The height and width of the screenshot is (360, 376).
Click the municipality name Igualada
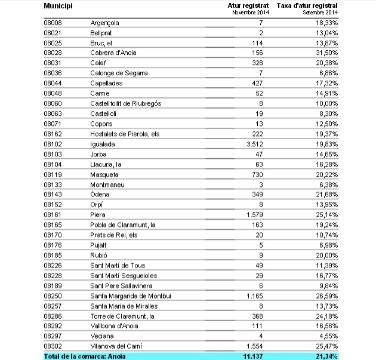point(103,144)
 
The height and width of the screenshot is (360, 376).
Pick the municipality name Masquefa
point(104,174)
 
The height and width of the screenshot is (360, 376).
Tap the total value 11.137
point(253,356)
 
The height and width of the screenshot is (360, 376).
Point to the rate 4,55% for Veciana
point(329,336)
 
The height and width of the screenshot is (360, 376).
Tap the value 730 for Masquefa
point(258,174)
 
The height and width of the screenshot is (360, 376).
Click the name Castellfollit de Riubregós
point(126,103)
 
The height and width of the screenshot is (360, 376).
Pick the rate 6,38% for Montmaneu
point(329,184)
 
